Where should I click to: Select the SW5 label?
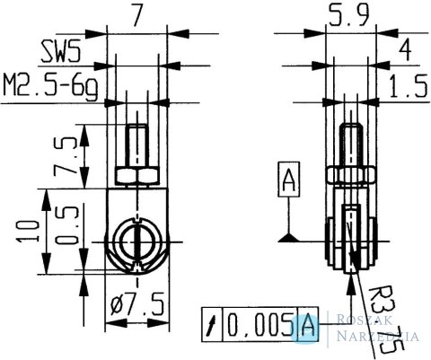(x=62, y=52)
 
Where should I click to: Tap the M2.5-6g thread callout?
(x=50, y=87)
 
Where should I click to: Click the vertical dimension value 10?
(x=29, y=232)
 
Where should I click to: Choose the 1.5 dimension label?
(x=409, y=87)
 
